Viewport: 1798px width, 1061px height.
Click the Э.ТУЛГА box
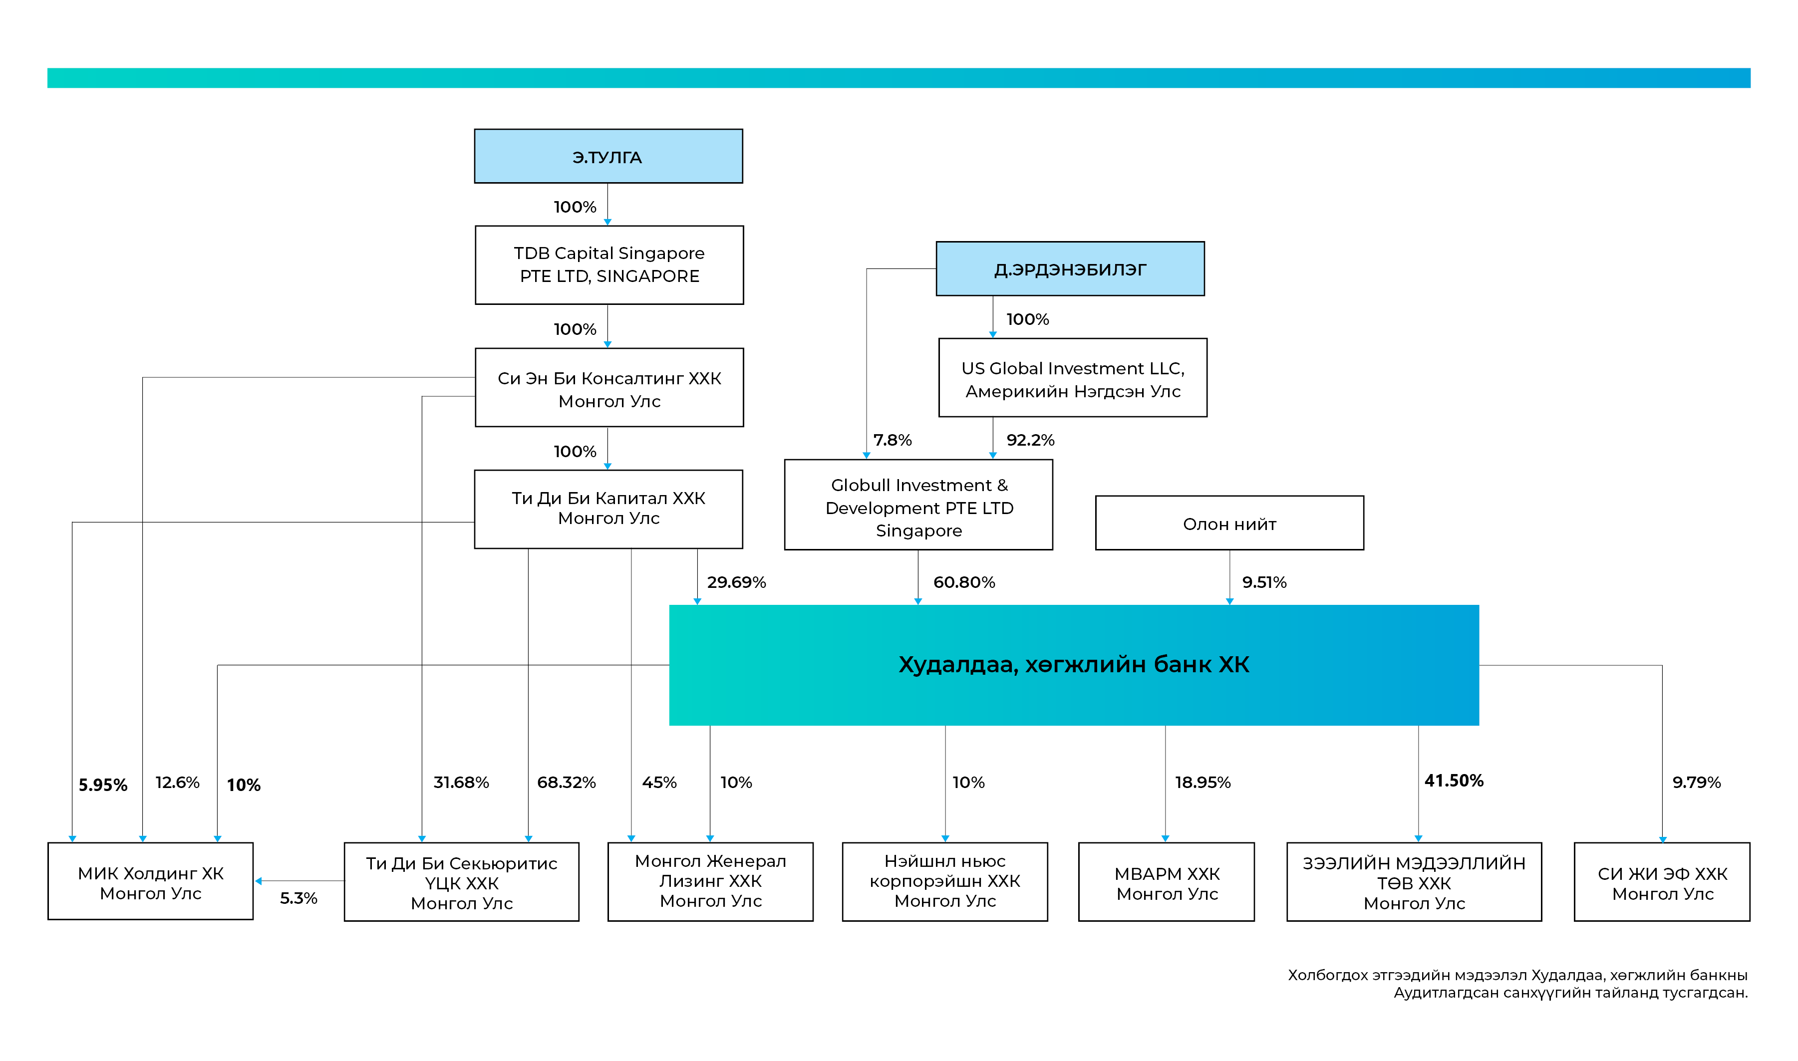pos(608,156)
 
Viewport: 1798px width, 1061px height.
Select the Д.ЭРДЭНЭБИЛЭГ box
pos(1070,269)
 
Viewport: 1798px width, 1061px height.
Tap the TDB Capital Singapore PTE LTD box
pos(609,265)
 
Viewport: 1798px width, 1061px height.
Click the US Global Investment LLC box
pos(1072,377)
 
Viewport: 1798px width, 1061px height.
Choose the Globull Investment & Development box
pos(918,505)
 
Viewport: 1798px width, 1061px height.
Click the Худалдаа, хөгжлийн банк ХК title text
pos(1074,665)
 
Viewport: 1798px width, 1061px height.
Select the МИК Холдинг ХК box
pos(151,881)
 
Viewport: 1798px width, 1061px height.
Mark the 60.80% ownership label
pos(964,582)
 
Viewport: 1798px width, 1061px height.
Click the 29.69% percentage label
pos(736,582)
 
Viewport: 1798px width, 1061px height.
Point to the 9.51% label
pos(1264,582)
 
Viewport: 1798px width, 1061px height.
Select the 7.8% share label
pos(892,440)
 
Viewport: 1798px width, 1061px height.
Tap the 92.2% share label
pos(1030,440)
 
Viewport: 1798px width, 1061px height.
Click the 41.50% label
pos(1454,781)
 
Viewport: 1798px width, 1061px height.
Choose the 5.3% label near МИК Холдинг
pos(298,898)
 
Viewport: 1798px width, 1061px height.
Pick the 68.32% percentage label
pos(566,782)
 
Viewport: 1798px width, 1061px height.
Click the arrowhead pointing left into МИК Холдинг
pos(259,881)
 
